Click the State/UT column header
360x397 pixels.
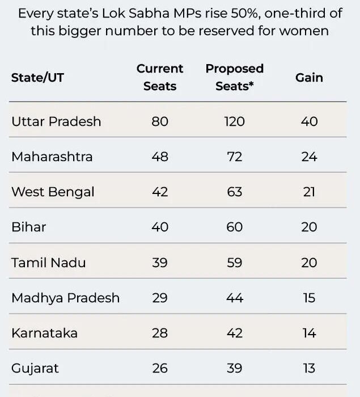(37, 78)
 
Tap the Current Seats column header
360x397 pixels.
(160, 77)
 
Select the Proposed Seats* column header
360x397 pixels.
(234, 77)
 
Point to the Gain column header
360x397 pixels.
(309, 78)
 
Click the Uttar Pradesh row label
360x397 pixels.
(56, 121)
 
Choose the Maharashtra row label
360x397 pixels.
(52, 157)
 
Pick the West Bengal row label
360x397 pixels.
(53, 192)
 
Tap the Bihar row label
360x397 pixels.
(28, 227)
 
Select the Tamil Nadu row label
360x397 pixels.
(49, 263)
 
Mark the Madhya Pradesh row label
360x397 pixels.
(65, 298)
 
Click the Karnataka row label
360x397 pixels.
(44, 333)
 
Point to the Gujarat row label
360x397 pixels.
(35, 368)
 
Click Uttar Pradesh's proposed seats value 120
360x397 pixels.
(234, 121)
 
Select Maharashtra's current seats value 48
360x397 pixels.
(160, 157)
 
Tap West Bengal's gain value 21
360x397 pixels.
(309, 192)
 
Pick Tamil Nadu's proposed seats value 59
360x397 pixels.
(234, 263)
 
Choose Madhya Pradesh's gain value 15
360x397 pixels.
(309, 298)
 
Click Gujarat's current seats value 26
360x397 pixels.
(160, 368)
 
